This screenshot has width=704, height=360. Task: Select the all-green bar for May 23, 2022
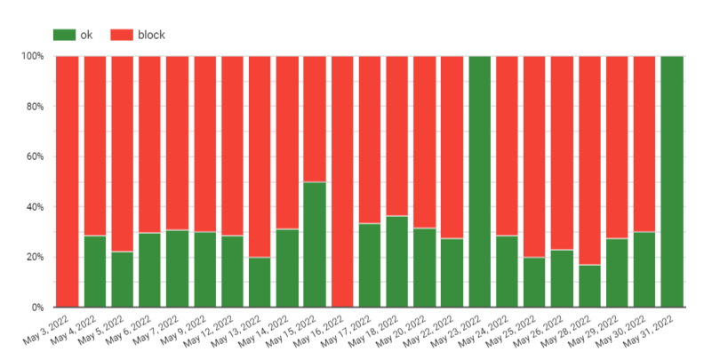coord(480,181)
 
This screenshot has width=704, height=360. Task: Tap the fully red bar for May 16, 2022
coord(343,181)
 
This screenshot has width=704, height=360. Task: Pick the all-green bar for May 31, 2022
coord(673,181)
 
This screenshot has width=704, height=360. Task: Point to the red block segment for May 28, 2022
coord(590,160)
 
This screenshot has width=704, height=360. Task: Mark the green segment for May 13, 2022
coord(260,282)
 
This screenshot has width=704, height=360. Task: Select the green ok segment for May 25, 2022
coord(535,282)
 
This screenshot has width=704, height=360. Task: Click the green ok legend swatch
coord(64,35)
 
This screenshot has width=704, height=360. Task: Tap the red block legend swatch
coord(122,35)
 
